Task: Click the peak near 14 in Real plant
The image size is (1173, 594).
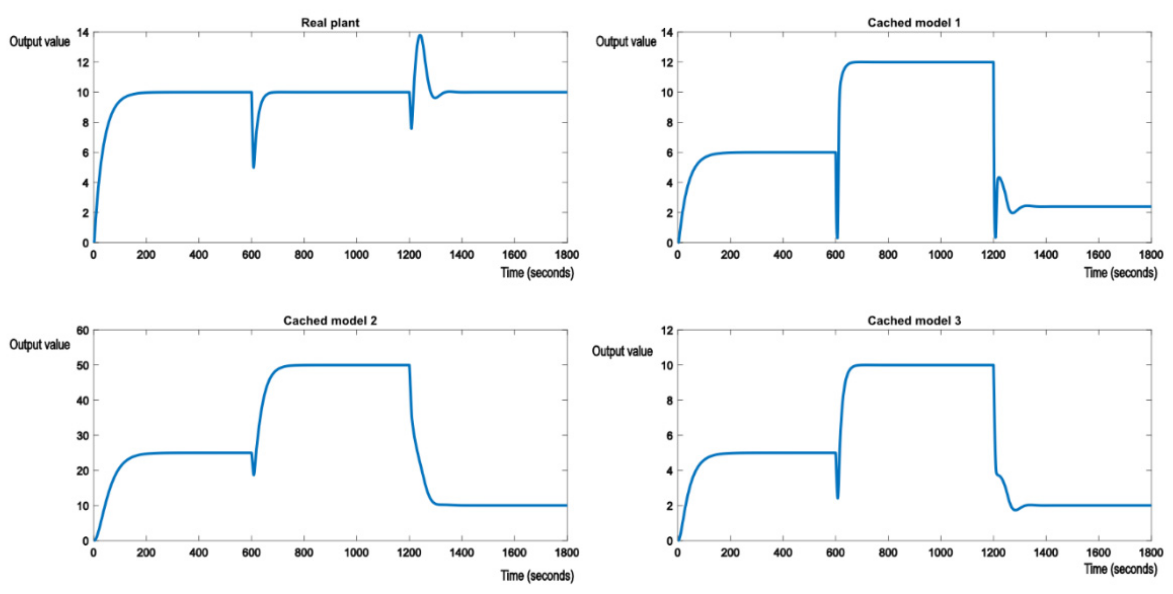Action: click(x=420, y=36)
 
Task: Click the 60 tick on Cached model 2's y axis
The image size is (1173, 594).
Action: click(x=82, y=331)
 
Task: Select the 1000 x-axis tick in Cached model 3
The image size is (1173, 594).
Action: click(x=940, y=552)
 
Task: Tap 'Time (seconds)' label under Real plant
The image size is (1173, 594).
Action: click(x=537, y=273)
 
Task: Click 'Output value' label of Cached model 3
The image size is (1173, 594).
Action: click(x=622, y=351)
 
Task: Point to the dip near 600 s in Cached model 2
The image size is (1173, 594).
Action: click(x=254, y=475)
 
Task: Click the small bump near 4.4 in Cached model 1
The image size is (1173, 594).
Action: click(x=999, y=178)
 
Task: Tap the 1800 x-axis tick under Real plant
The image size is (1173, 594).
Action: click(x=567, y=254)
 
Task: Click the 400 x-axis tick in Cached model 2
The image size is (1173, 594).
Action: click(x=198, y=552)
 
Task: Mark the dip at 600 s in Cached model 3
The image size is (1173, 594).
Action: click(x=837, y=497)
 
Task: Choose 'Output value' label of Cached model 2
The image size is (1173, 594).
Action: click(x=40, y=345)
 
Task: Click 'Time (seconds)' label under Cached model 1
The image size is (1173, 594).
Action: click(x=1120, y=273)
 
